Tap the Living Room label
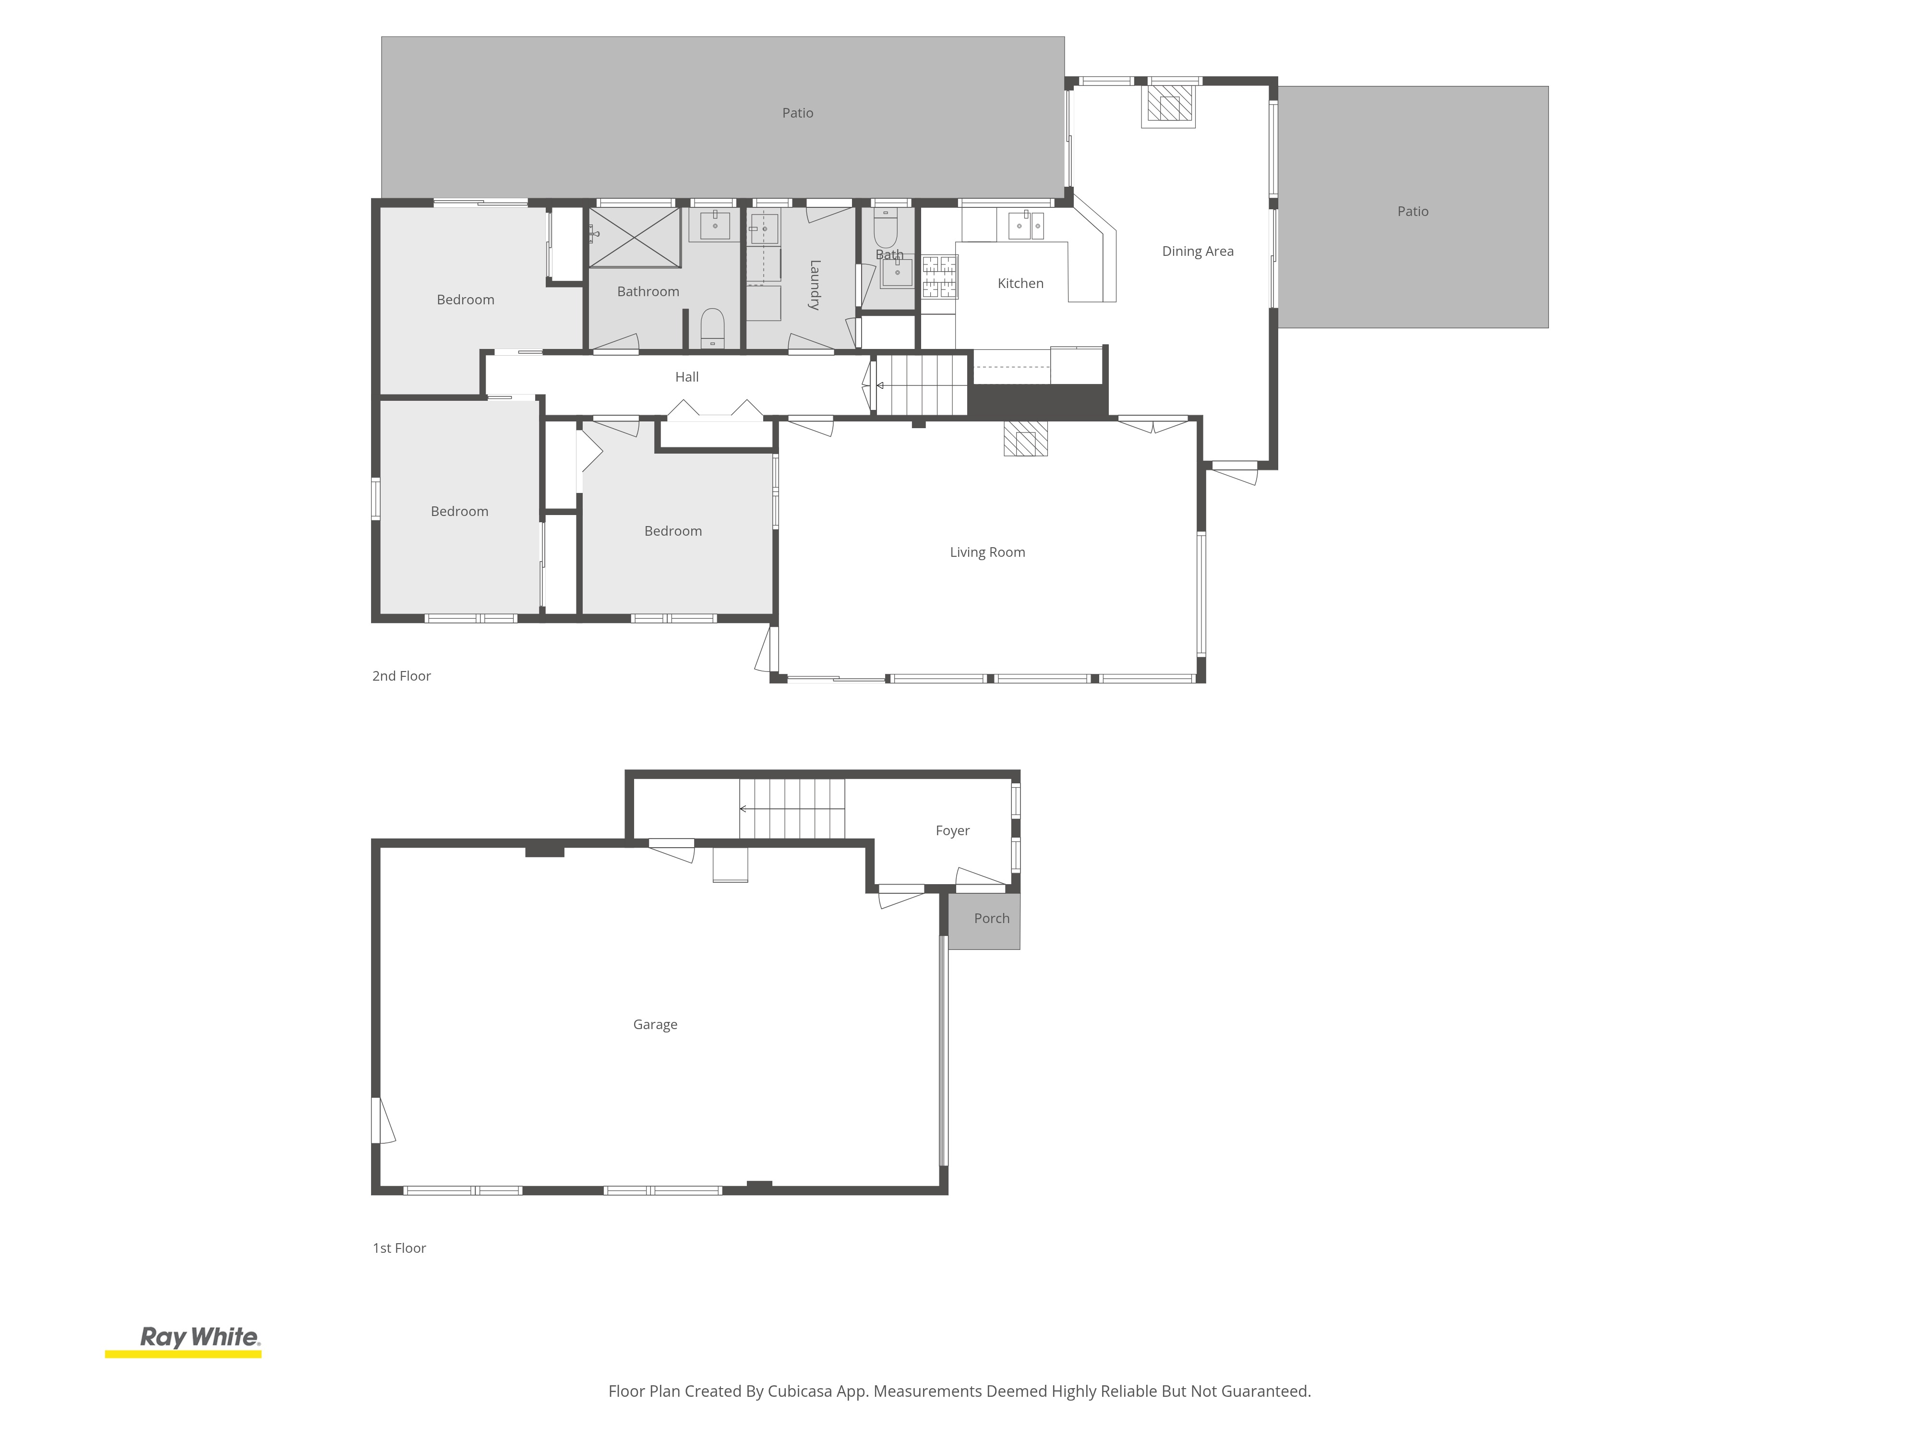[987, 552]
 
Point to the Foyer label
[952, 831]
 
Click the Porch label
[991, 918]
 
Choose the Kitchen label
[1020, 283]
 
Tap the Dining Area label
[1197, 252]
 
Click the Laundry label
[814, 285]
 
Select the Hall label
[686, 377]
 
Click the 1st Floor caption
[399, 1248]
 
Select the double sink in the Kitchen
[1026, 225]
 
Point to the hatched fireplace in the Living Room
[1025, 438]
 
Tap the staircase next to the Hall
[921, 384]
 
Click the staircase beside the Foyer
[792, 809]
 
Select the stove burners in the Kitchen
[939, 276]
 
